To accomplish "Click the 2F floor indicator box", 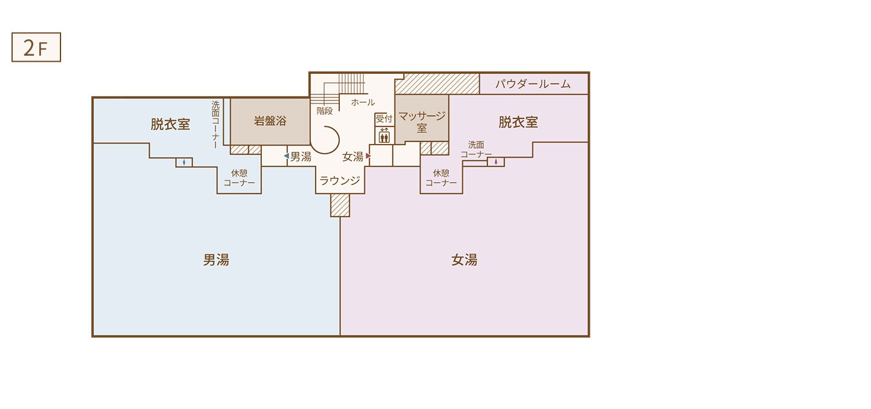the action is pyautogui.click(x=36, y=47).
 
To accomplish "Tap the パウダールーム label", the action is pyautogui.click(x=533, y=84).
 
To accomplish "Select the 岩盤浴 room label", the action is pyautogui.click(x=270, y=121).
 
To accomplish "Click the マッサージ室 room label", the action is pyautogui.click(x=422, y=122).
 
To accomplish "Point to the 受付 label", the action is pyautogui.click(x=383, y=118).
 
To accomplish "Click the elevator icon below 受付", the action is pyautogui.click(x=384, y=136).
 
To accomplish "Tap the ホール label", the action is pyautogui.click(x=363, y=102).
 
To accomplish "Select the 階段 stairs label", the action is pyautogui.click(x=325, y=111).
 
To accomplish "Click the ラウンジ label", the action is pyautogui.click(x=340, y=180).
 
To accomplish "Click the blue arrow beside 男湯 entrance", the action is pyautogui.click(x=287, y=156).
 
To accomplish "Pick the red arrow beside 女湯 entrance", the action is pyautogui.click(x=368, y=156).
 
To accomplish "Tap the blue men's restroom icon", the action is pyautogui.click(x=184, y=162).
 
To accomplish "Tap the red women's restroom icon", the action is pyautogui.click(x=496, y=162).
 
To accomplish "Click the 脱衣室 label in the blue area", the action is pyautogui.click(x=171, y=125).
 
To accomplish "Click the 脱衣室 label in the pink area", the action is pyautogui.click(x=518, y=122).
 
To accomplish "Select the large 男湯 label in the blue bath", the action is pyautogui.click(x=216, y=260).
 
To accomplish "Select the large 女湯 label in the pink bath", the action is pyautogui.click(x=465, y=260).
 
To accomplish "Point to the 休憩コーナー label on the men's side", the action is pyautogui.click(x=239, y=178).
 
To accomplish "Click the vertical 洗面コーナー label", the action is pyautogui.click(x=215, y=125).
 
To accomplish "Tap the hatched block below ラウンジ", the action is pyautogui.click(x=340, y=205).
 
